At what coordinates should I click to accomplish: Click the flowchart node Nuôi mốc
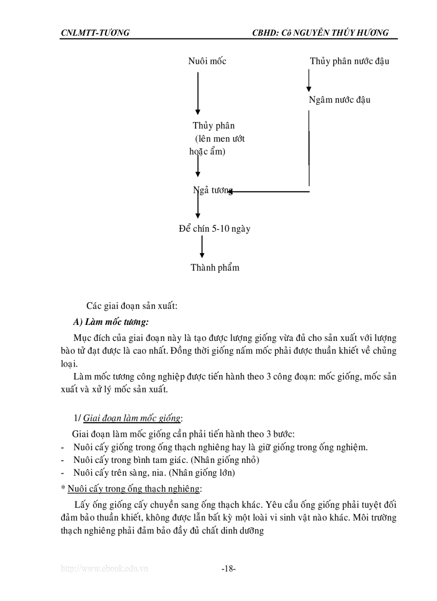(x=207, y=61)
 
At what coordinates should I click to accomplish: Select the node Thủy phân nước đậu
(x=349, y=61)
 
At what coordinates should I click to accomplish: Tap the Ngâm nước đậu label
(x=340, y=100)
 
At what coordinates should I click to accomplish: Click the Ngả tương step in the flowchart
(x=213, y=191)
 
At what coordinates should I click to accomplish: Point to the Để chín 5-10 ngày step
(x=215, y=229)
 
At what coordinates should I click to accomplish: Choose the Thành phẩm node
(x=215, y=268)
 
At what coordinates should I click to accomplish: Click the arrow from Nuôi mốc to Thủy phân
(x=198, y=93)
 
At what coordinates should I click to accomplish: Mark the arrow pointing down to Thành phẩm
(x=202, y=248)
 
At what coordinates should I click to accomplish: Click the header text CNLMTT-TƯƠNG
(x=95, y=33)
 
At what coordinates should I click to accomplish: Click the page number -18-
(x=229, y=569)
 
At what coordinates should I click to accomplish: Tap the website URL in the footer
(x=104, y=569)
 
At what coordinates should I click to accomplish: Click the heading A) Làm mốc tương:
(x=111, y=322)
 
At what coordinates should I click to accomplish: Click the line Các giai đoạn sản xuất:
(x=132, y=306)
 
